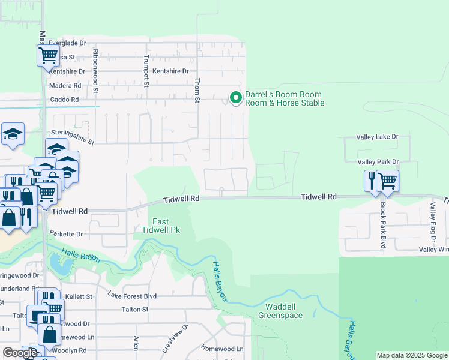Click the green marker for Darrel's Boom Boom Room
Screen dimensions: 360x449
pos(236,97)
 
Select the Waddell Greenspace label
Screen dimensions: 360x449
pos(280,311)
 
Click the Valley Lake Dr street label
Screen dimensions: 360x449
pos(377,137)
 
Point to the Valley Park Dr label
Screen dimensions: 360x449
pos(378,162)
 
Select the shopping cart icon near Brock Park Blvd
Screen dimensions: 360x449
pos(388,179)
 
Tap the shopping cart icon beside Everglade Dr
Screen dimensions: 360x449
pos(48,56)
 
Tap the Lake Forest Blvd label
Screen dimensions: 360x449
pos(132,296)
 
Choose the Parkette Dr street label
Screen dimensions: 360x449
pos(66,234)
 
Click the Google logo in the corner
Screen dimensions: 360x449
pos(20,353)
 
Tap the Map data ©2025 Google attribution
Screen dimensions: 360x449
pos(412,355)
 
